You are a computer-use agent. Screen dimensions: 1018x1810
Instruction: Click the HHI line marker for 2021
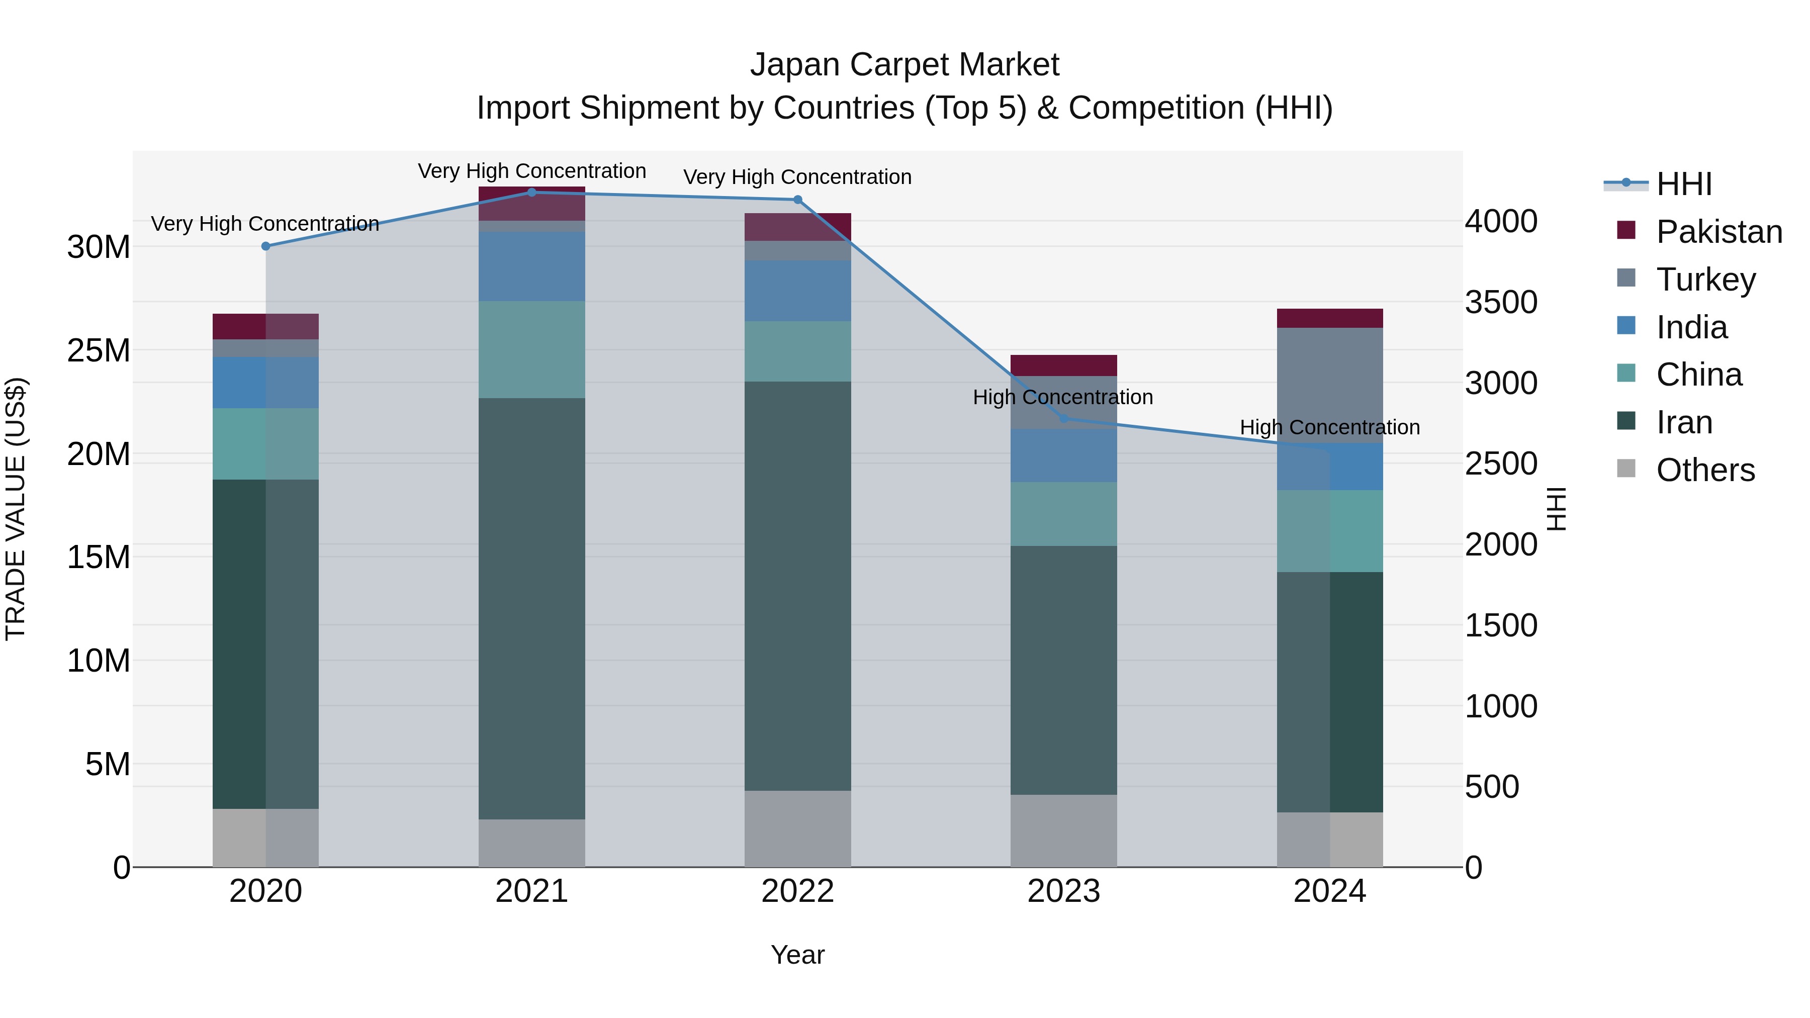(x=531, y=193)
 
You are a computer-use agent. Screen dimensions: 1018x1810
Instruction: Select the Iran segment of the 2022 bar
(x=797, y=587)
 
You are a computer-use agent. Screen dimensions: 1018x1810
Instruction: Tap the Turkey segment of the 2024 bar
(x=1329, y=385)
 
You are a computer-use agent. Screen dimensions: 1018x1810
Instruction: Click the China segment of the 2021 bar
(x=531, y=350)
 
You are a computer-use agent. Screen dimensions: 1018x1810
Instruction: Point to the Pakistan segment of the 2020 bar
(x=265, y=327)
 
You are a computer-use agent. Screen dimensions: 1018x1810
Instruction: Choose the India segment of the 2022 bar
(x=797, y=291)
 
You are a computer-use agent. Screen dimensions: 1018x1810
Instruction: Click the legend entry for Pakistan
(x=1718, y=232)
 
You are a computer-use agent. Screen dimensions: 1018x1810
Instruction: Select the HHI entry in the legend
(x=1683, y=184)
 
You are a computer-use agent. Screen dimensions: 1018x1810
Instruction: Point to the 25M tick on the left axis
(x=99, y=350)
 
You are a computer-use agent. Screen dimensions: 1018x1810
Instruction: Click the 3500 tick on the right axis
(x=1501, y=302)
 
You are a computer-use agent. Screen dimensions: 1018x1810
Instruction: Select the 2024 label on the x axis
(x=1329, y=891)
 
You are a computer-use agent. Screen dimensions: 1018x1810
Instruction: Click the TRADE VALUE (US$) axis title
(x=16, y=509)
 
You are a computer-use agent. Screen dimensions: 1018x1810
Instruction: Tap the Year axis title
(x=797, y=955)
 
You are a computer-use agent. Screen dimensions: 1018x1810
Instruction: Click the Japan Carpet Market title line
(x=904, y=65)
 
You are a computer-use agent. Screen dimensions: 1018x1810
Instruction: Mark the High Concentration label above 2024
(x=1329, y=427)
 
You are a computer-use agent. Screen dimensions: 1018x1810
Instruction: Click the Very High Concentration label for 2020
(x=265, y=223)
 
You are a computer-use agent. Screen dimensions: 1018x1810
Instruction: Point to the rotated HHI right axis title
(x=1557, y=509)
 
